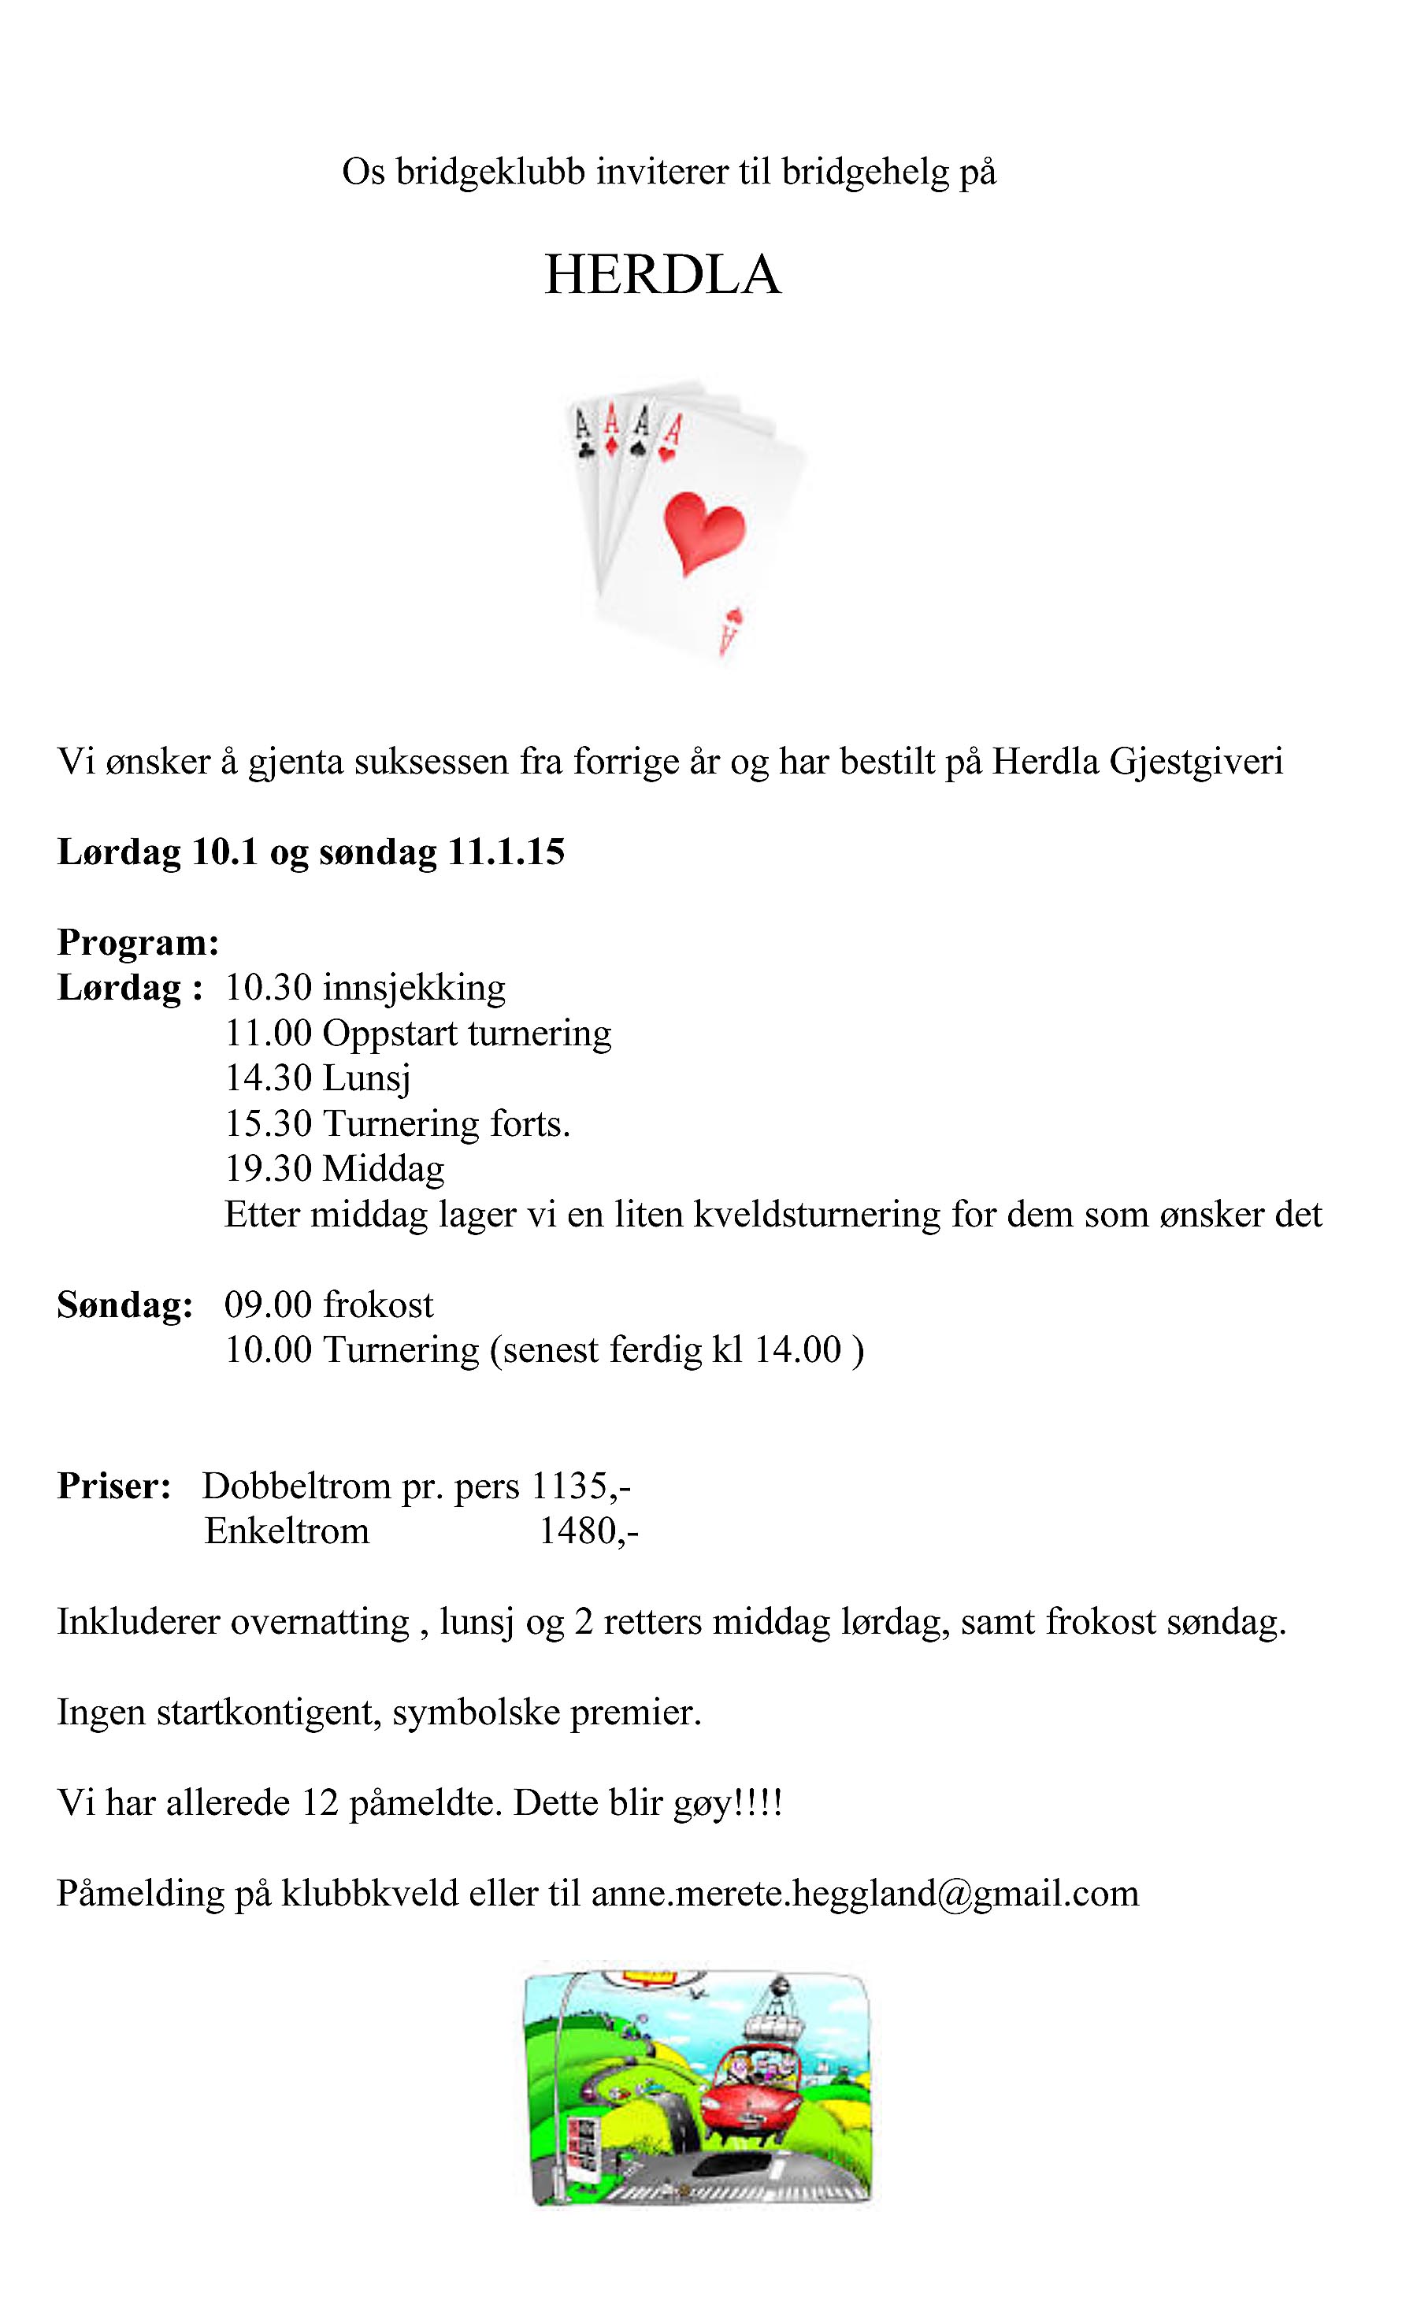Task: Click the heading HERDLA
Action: click(x=662, y=275)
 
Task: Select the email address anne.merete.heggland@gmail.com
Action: click(x=865, y=1893)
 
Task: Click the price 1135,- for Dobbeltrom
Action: click(x=580, y=1486)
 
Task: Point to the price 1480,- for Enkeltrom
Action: click(x=588, y=1531)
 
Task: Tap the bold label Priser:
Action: click(x=113, y=1486)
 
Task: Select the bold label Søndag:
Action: click(x=124, y=1304)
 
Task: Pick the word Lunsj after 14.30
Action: click(x=366, y=1078)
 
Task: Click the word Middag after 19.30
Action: click(x=384, y=1169)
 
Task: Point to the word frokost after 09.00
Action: click(x=378, y=1304)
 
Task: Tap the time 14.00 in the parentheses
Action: click(x=797, y=1349)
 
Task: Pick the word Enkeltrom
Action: click(x=287, y=1531)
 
